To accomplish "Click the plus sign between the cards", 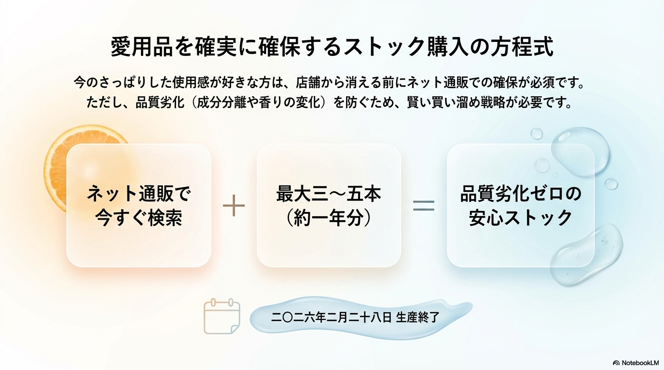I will [x=234, y=206].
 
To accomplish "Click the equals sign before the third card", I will [x=424, y=206].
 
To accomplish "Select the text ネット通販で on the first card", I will [x=139, y=194].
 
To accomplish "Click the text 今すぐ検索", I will [x=139, y=218].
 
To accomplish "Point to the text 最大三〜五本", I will [x=329, y=194].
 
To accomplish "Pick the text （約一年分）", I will [x=329, y=218].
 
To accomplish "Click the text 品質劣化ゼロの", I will [x=521, y=194].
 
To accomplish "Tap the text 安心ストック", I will [x=521, y=218].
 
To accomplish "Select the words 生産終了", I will [x=417, y=318].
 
